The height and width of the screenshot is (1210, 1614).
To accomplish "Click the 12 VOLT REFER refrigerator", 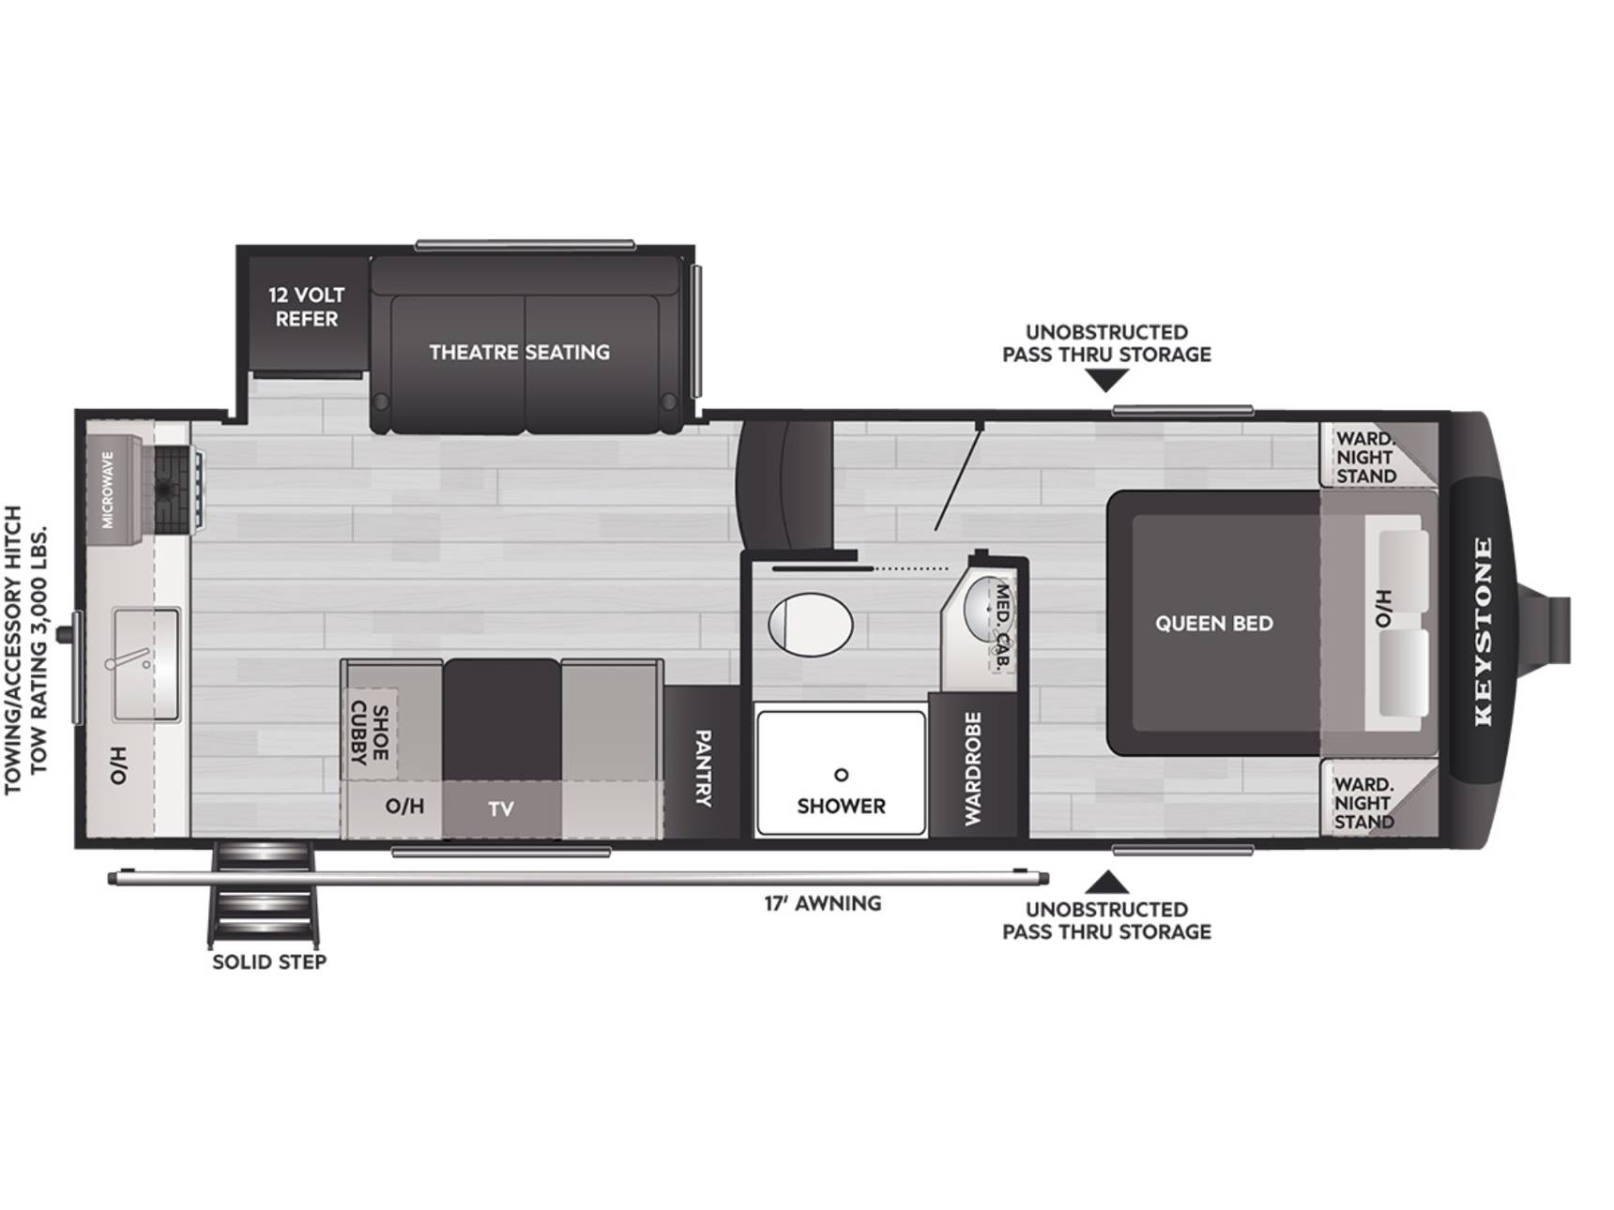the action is pos(307,314).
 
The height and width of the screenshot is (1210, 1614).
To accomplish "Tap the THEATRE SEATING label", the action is pos(520,352).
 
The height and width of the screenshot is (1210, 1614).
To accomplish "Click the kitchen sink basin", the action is pos(146,664).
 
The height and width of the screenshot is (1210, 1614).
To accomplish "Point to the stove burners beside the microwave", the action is pos(175,489).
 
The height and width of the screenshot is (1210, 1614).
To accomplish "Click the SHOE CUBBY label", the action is pos(370,733).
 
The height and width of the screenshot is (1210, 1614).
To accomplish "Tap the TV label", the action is pos(501,809).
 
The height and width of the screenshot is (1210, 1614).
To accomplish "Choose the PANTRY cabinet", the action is pos(702,762).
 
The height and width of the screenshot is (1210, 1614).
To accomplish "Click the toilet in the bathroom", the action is pos(811,624).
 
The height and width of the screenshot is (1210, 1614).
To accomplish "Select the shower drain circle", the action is pos(841,775).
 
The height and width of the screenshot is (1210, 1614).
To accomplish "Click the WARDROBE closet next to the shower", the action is pos(973,766).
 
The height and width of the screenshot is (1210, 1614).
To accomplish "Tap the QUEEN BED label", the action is pos(1214,624).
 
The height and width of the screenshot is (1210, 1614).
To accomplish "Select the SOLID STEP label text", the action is pos(269,961).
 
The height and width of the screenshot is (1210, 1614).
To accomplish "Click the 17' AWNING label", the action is pos(823,903).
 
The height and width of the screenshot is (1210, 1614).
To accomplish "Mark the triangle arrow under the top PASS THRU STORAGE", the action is pos(1107,380).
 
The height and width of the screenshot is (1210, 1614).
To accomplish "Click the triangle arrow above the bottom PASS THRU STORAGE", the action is pos(1107,882).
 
